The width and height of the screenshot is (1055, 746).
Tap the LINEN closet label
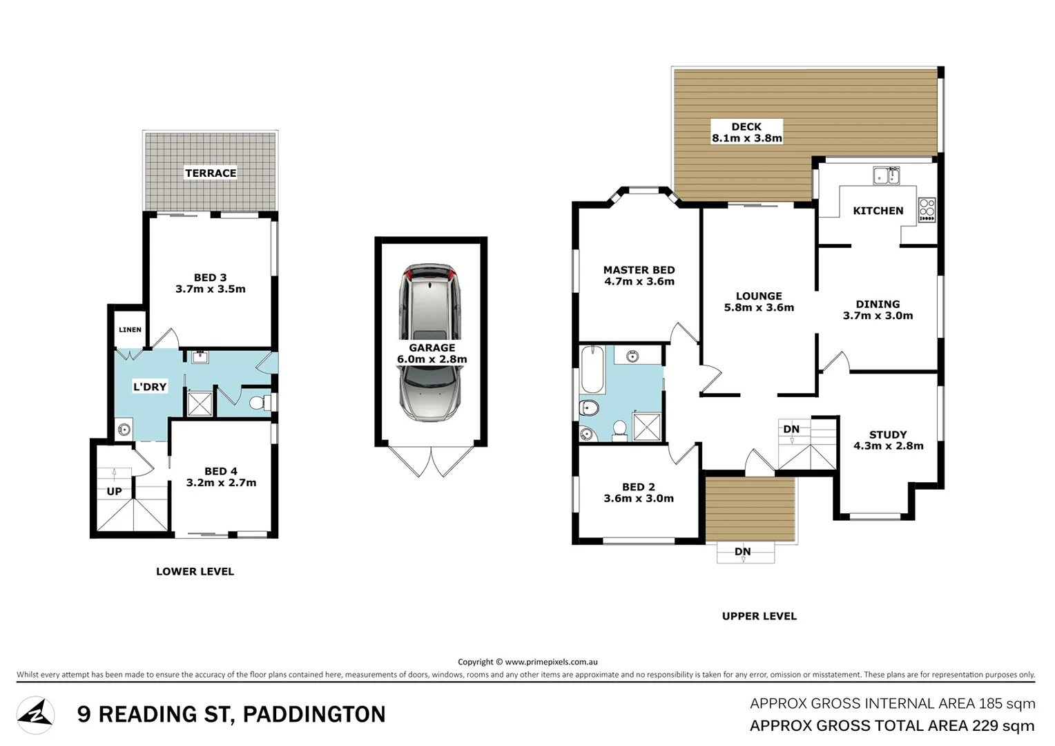[130, 330]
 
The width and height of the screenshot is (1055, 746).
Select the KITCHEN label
[878, 211]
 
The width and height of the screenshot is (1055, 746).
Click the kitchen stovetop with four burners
[927, 210]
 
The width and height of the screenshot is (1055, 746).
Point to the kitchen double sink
[886, 175]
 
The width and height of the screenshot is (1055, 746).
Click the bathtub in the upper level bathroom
[592, 370]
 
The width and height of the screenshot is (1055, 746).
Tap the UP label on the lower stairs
[114, 492]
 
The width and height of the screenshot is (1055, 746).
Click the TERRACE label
[211, 173]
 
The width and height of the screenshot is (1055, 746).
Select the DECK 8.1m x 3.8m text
[746, 132]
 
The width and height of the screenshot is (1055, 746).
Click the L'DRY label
[150, 387]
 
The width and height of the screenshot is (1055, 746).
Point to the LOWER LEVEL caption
[195, 571]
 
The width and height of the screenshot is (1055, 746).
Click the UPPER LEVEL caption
[759, 616]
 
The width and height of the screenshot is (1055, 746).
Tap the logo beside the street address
[35, 716]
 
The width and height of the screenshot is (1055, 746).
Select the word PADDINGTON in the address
[314, 714]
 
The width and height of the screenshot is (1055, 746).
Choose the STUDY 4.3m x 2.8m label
[888, 440]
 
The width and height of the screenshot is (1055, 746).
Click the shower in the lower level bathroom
[200, 403]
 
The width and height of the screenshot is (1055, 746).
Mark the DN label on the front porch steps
[742, 551]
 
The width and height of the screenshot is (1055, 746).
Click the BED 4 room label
[221, 477]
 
